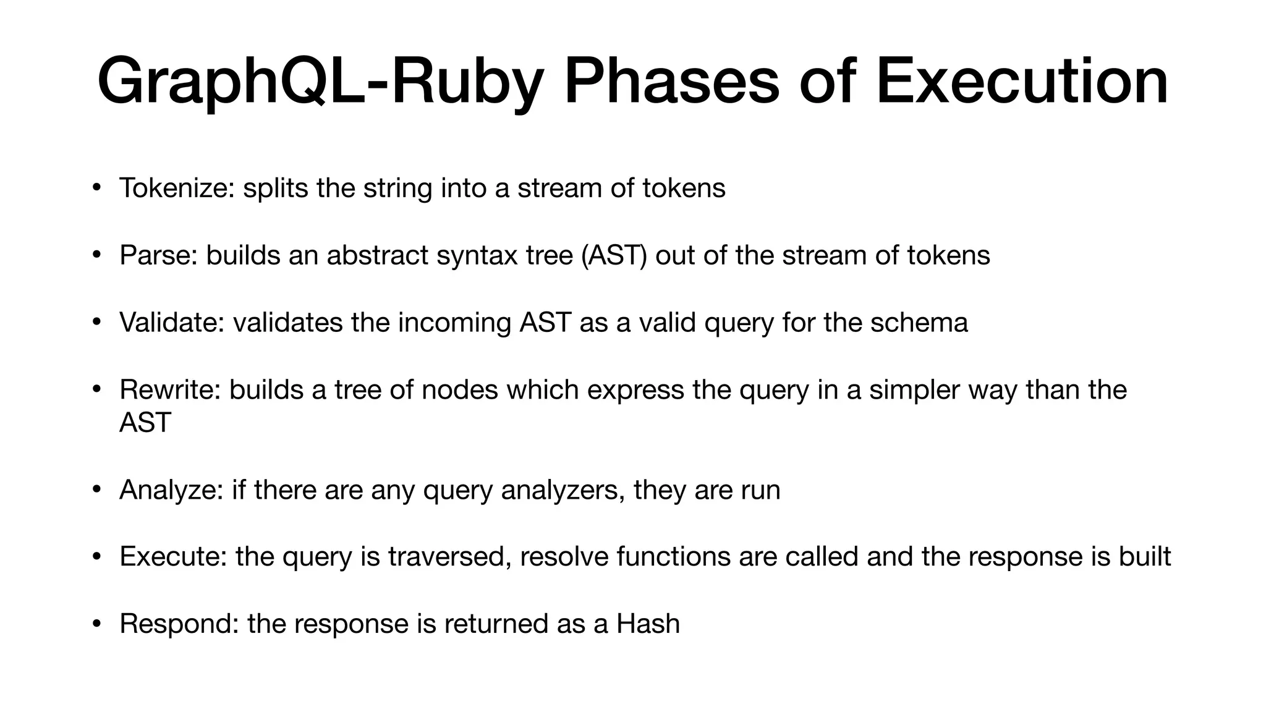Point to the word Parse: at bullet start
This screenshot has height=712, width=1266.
[158, 255]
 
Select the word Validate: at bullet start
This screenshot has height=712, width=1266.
[172, 323]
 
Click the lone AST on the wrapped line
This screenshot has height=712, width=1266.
[145, 423]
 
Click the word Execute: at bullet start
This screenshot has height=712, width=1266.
[173, 557]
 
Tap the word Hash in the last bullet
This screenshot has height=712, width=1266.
[648, 624]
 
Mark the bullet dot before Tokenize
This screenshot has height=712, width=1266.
[96, 187]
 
